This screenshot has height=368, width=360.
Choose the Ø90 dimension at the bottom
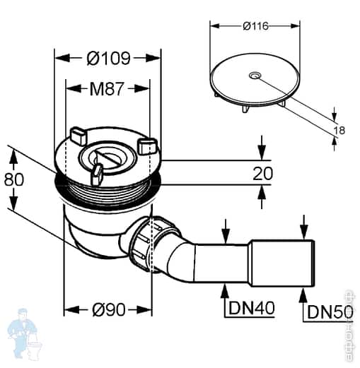[108, 309]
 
